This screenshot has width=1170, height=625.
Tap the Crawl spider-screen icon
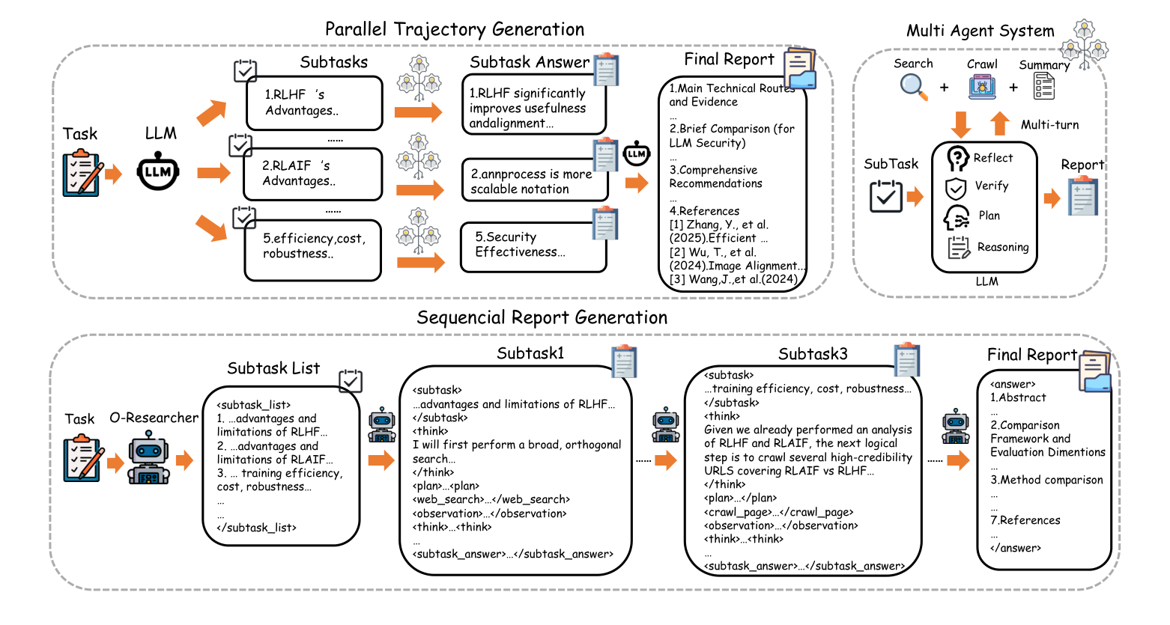tap(982, 87)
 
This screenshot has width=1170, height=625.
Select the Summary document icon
tap(1044, 86)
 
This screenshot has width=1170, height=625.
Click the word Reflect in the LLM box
tap(992, 158)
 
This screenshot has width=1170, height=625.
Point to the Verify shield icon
tap(956, 189)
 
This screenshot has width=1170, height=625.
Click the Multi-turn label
tap(1049, 125)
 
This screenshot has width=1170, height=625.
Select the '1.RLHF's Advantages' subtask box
tap(315, 103)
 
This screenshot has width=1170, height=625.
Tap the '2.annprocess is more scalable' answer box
tap(535, 180)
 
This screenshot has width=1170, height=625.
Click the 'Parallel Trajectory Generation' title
tap(455, 29)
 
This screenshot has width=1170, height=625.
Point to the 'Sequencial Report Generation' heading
tap(542, 317)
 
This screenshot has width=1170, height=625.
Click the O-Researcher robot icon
tap(148, 458)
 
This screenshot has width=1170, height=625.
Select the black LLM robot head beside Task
tap(158, 171)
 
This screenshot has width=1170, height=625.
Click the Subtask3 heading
tap(813, 354)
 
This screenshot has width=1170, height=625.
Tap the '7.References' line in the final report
tap(1025, 520)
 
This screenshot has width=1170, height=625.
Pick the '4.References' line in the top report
tap(704, 211)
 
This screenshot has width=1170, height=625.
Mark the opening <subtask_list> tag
tap(253, 405)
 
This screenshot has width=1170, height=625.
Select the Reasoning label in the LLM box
tap(1003, 247)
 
